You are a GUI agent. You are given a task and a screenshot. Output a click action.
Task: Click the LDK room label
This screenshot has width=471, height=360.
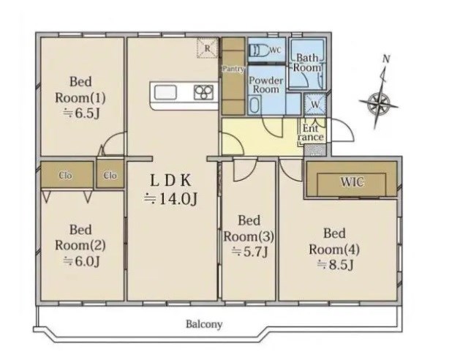tap(170, 181)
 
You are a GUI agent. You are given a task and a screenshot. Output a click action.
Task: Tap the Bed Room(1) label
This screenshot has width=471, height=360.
tap(80, 90)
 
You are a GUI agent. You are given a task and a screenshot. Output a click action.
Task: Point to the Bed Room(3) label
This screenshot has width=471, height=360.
tap(249, 229)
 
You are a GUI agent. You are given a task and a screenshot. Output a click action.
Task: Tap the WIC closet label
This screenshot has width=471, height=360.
tap(352, 181)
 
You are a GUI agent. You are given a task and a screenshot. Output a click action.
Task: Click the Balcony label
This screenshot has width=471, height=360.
tap(204, 324)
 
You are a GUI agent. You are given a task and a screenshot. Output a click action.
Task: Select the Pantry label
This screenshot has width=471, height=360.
tap(233, 69)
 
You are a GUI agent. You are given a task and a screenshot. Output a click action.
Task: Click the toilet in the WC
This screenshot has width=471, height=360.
tap(259, 50)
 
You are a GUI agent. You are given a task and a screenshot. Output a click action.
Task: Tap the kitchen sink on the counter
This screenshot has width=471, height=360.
tap(165, 92)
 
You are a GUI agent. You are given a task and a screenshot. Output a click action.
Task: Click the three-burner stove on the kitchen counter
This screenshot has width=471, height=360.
tap(203, 92)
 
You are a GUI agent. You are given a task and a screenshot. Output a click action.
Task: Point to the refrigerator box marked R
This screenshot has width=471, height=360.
tap(208, 48)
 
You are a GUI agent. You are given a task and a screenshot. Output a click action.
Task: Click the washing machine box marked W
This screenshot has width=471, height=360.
tap(315, 105)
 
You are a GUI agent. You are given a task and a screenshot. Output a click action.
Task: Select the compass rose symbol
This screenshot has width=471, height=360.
tap(379, 102)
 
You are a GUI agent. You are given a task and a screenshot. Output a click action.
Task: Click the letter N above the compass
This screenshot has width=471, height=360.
tap(386, 59)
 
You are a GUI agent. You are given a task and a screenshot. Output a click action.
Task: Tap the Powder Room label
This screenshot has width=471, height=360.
tap(265, 85)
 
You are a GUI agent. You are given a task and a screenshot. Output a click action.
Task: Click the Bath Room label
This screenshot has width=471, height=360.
tap(307, 62)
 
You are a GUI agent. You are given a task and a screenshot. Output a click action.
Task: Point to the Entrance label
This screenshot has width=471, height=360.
tap(311, 133)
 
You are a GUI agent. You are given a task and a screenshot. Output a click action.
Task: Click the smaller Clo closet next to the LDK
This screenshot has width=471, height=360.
tap(110, 174)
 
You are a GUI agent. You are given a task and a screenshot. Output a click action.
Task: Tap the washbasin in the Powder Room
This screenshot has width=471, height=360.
tap(254, 104)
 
